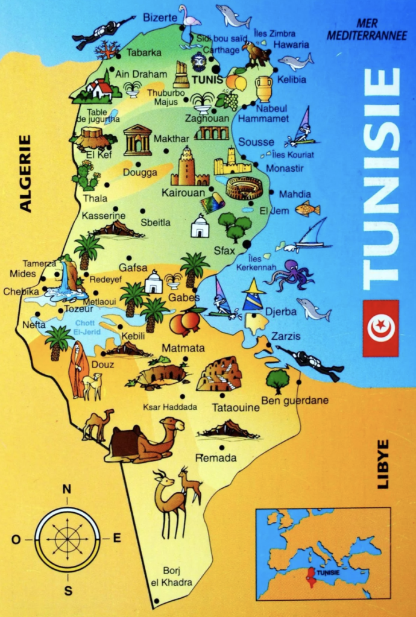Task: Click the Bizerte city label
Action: click(x=160, y=18)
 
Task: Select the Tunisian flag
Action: click(x=380, y=328)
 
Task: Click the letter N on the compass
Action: click(x=67, y=489)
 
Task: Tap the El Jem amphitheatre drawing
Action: click(x=244, y=188)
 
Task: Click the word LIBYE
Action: click(x=383, y=463)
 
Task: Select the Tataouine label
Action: click(x=236, y=407)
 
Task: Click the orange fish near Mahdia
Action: click(x=307, y=209)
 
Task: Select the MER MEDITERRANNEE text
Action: click(x=367, y=30)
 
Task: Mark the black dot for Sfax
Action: click(x=247, y=244)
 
